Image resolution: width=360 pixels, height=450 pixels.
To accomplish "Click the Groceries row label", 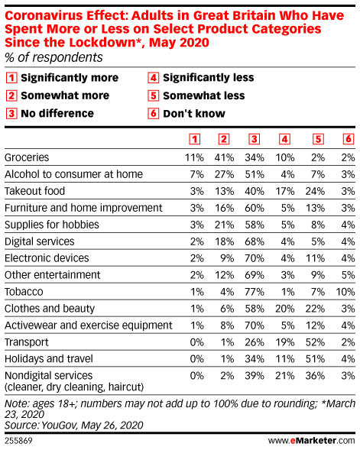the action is tap(27, 157).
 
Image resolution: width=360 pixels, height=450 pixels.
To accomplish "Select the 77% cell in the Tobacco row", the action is tap(255, 292).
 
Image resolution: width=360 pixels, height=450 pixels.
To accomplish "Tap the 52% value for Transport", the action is tap(315, 342).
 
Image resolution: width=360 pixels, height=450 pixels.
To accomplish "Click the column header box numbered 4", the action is tap(284, 139).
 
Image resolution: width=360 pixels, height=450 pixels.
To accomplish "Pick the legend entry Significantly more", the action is tap(62, 78).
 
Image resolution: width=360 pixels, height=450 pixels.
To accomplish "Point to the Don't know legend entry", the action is tap(186, 114).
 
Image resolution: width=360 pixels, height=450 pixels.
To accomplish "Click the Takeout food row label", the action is tap(34, 191).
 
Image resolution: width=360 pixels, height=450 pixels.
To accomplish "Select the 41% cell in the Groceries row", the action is tap(224, 157).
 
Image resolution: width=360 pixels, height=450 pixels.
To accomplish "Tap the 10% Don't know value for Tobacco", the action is tap(345, 292).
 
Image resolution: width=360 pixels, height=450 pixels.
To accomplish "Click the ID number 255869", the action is tap(18, 441).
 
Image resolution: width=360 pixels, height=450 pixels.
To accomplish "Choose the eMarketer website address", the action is tap(312, 441).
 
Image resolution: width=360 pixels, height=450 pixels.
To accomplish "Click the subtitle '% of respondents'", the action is tap(54, 57).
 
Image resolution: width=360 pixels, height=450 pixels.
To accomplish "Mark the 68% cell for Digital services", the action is tap(255, 241).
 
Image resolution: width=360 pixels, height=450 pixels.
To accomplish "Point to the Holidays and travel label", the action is tap(49, 359).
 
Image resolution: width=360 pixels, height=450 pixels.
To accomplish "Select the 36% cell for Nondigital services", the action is tap(315, 376).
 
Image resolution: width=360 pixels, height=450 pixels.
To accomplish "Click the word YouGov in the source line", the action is tap(59, 426).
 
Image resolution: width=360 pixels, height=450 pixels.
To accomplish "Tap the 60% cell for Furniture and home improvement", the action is tap(255, 208).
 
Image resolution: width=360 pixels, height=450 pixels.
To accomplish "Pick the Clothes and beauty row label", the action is tap(50, 309).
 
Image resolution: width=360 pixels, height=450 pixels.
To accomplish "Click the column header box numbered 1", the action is tap(195, 139).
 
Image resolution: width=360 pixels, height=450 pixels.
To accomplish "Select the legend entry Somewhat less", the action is tap(196, 96).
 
